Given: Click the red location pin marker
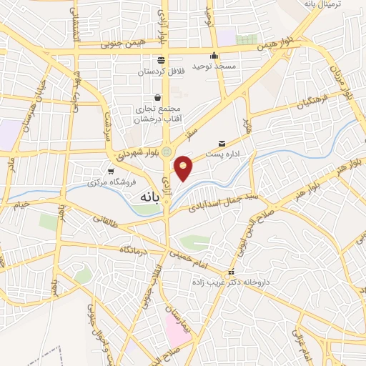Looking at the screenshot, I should click(x=184, y=167).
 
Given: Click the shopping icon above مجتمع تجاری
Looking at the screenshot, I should click(x=157, y=98).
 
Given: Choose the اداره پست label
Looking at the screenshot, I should click(x=230, y=154).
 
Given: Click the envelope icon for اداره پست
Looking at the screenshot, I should click(x=230, y=143).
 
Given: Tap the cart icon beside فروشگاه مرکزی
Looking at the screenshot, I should click(x=111, y=172).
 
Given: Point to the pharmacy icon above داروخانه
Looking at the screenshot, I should click(x=231, y=273).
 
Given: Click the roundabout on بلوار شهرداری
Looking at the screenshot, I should click(x=167, y=152).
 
